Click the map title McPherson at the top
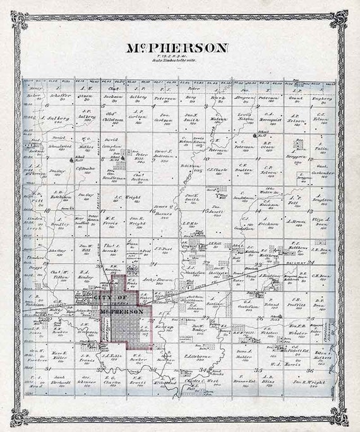coord(179,47)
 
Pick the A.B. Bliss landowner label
coord(270,382)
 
